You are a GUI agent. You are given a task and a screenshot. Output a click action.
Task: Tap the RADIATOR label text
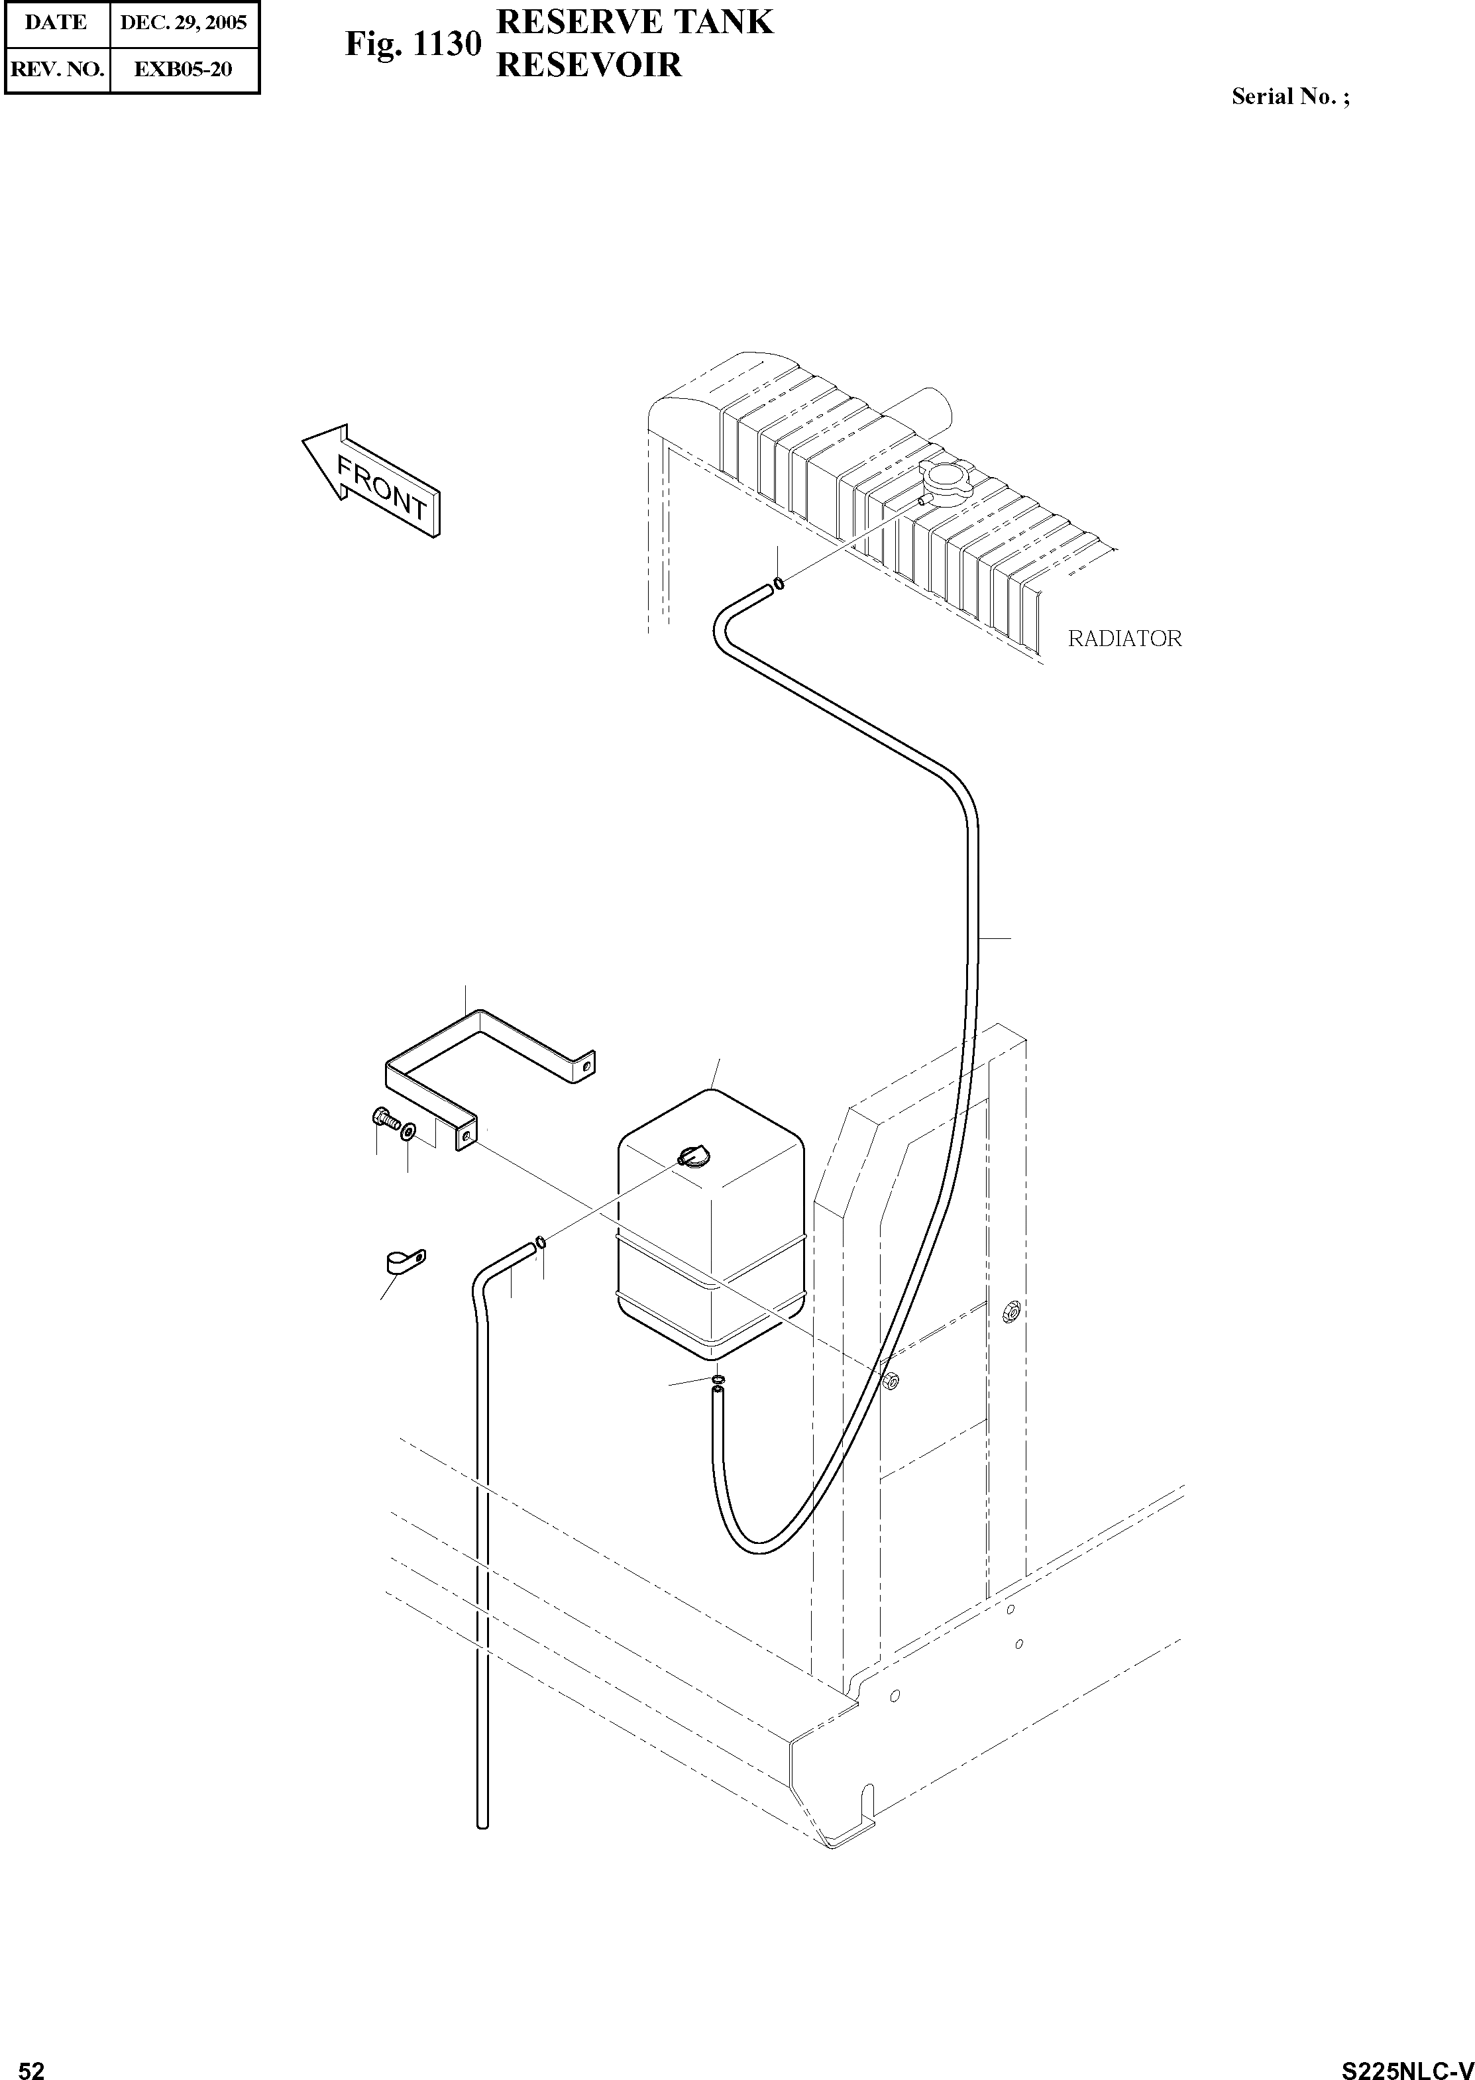click(1124, 639)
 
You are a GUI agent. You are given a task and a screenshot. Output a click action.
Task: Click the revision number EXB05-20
click(184, 69)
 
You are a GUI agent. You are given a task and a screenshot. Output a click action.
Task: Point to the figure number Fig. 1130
click(412, 44)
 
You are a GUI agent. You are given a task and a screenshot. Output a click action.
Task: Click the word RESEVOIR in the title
click(588, 66)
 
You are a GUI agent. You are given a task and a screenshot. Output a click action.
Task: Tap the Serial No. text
click(1289, 96)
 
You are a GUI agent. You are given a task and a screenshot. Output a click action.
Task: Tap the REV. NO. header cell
click(56, 69)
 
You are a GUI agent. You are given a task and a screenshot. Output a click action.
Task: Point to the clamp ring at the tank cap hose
click(541, 1242)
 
